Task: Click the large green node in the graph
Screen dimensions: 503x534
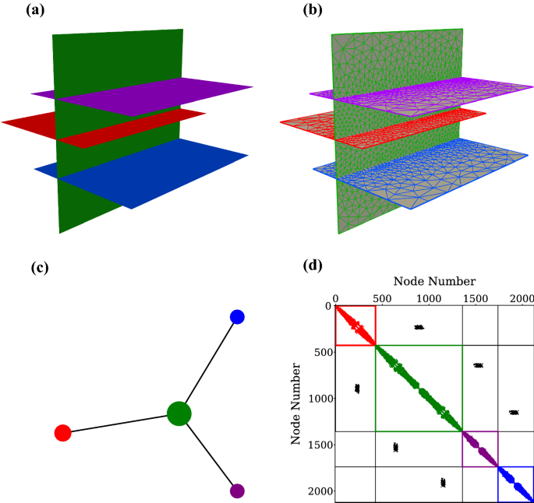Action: [x=179, y=413]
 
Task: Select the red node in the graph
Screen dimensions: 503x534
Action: [x=63, y=432]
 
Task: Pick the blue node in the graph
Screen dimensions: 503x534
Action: [x=238, y=316]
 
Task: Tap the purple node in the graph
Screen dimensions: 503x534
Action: [x=238, y=491]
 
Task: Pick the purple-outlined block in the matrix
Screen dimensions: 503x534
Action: [x=480, y=448]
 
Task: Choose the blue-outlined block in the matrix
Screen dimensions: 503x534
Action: [x=515, y=484]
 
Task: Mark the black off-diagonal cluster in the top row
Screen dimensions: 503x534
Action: [x=419, y=327]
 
